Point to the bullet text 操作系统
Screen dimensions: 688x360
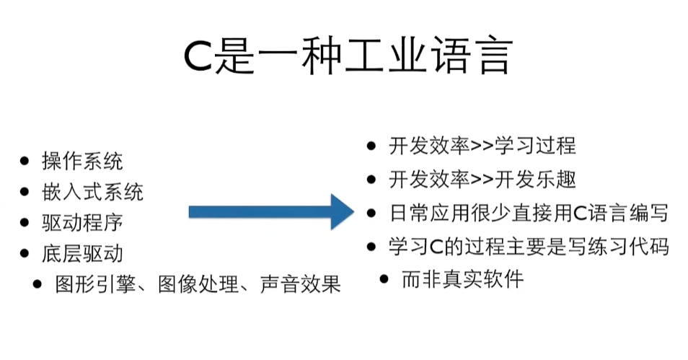click(82, 161)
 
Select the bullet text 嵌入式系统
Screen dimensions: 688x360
click(92, 192)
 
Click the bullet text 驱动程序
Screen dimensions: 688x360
click(82, 222)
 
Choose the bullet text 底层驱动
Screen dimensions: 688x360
click(82, 253)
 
